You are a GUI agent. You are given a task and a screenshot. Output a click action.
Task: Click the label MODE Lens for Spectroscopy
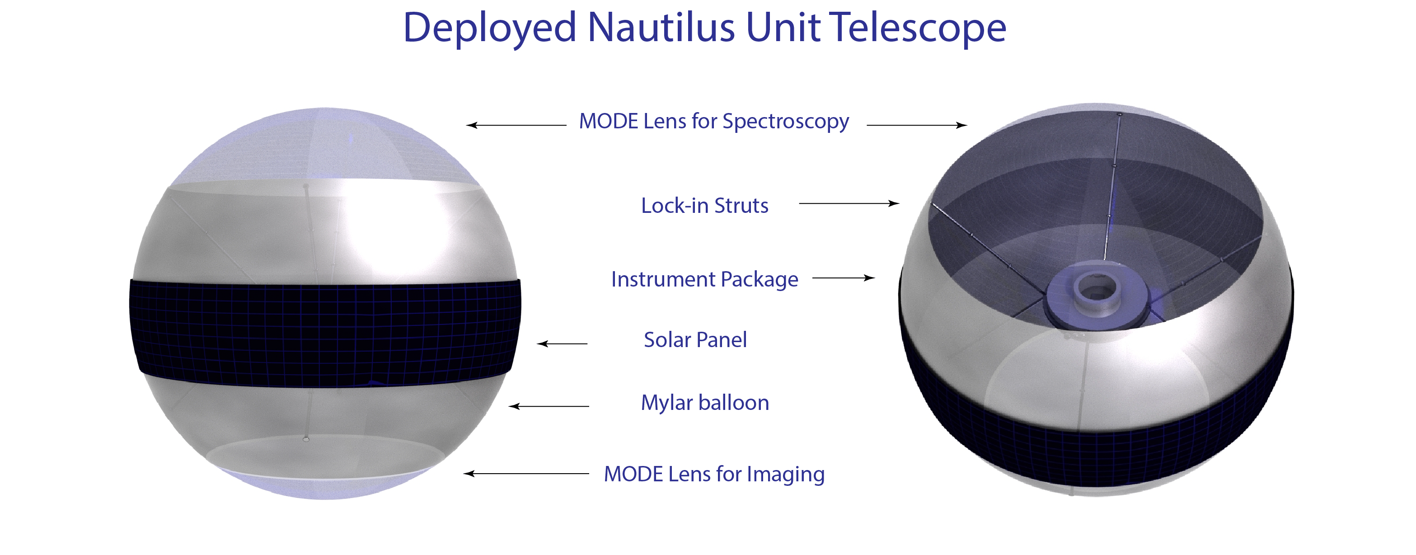(x=714, y=122)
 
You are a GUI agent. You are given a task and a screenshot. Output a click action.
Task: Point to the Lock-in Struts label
(x=705, y=205)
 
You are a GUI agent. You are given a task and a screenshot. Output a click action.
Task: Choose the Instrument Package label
(x=705, y=279)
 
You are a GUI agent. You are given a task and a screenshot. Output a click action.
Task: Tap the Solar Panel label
(x=695, y=340)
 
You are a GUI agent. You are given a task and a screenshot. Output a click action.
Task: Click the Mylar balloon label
(x=705, y=403)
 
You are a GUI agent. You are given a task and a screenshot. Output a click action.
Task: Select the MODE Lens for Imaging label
(x=714, y=474)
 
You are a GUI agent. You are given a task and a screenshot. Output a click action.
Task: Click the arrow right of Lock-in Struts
(x=849, y=203)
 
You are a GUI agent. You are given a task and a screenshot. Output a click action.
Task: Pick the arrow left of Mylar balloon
(x=549, y=406)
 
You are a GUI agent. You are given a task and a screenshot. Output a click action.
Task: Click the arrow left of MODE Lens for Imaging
(x=526, y=474)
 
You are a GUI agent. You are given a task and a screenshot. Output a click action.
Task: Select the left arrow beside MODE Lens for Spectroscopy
(x=516, y=125)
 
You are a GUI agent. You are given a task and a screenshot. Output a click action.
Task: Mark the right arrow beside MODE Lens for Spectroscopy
(x=917, y=125)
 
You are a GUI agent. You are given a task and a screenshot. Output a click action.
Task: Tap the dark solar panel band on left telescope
(x=325, y=333)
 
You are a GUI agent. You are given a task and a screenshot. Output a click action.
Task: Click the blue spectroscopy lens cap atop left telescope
(x=325, y=144)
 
